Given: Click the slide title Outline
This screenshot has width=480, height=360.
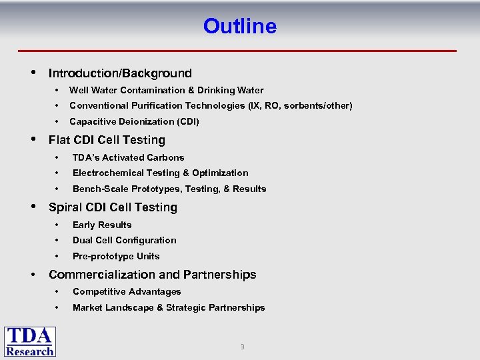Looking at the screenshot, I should click(239, 26).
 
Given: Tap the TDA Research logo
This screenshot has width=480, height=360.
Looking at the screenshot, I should click(30, 341).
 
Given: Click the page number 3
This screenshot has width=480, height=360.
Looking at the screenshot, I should click(242, 347).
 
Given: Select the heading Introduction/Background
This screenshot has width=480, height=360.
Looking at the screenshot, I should click(120, 73).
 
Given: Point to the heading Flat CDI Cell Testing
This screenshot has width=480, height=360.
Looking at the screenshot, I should click(107, 140).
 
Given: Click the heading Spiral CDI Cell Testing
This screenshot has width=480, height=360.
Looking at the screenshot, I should click(113, 207).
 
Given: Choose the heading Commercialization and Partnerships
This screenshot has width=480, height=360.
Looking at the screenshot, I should click(152, 275).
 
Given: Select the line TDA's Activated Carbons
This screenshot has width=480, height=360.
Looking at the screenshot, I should click(128, 157).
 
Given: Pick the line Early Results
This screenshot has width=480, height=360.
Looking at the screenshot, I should click(102, 225).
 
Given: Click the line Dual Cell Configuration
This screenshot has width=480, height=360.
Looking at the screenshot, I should click(124, 240).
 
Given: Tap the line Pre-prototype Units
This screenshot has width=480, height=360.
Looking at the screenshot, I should click(116, 256).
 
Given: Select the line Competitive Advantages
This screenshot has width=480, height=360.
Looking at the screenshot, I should click(127, 291).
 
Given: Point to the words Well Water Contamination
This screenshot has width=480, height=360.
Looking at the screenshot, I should click(127, 90).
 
